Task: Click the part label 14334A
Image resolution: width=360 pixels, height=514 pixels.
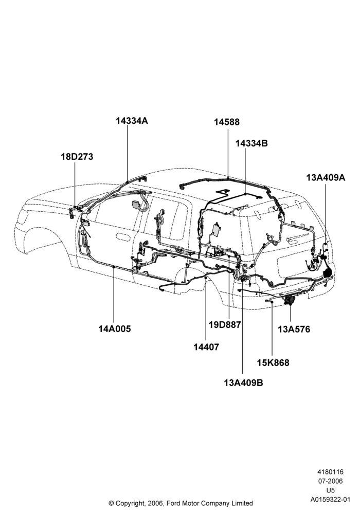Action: [132, 121]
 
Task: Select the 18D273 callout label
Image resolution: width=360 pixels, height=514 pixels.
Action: [77, 157]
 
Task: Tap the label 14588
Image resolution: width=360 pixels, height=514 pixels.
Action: [227, 122]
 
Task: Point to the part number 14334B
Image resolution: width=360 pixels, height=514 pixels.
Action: [252, 143]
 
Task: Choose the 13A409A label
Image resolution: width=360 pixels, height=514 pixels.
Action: [326, 178]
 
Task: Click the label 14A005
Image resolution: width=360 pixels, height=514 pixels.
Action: [115, 329]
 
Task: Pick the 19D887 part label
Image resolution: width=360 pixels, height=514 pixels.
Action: [225, 325]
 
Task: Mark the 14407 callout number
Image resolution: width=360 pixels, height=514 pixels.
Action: [206, 347]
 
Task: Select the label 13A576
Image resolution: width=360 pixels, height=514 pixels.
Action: [294, 329]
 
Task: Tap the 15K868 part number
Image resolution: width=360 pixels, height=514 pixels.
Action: [273, 363]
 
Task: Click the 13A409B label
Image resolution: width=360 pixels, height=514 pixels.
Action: [244, 382]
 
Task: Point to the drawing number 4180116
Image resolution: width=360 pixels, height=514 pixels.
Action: [330, 472]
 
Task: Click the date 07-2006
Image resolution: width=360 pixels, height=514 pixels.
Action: [330, 481]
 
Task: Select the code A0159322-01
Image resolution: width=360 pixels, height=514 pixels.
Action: [331, 500]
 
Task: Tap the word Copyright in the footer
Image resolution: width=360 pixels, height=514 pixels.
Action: [130, 503]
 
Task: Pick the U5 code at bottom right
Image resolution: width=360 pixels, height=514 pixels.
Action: [330, 490]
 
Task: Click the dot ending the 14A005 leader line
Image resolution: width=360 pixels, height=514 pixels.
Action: [114, 268]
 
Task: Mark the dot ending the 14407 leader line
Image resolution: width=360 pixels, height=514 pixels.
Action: [206, 278]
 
